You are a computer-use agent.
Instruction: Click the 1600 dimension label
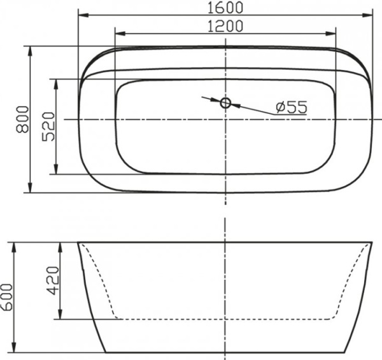pos(225,8)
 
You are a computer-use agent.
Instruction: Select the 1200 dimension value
pos(225,26)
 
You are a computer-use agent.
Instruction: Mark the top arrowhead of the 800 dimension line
pos(30,50)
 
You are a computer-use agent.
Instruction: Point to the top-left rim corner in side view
pos(79,242)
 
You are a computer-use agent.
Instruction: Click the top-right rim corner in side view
pos(372,242)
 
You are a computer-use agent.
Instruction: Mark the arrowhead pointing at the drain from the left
pos(216,100)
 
